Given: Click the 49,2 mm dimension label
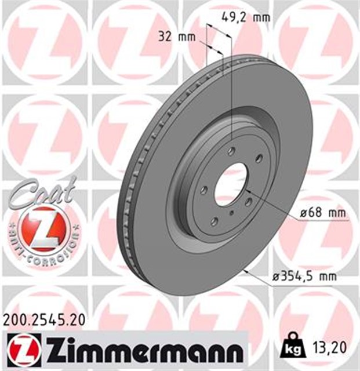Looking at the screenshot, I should pyautogui.click(x=246, y=17).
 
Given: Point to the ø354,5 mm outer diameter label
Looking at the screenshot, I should pyautogui.click(x=304, y=277).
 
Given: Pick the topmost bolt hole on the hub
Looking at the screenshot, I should pyautogui.click(x=231, y=151).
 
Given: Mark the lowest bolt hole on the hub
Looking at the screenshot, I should pyautogui.click(x=215, y=220).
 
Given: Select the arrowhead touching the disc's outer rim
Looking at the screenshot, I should pyautogui.click(x=248, y=271).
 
